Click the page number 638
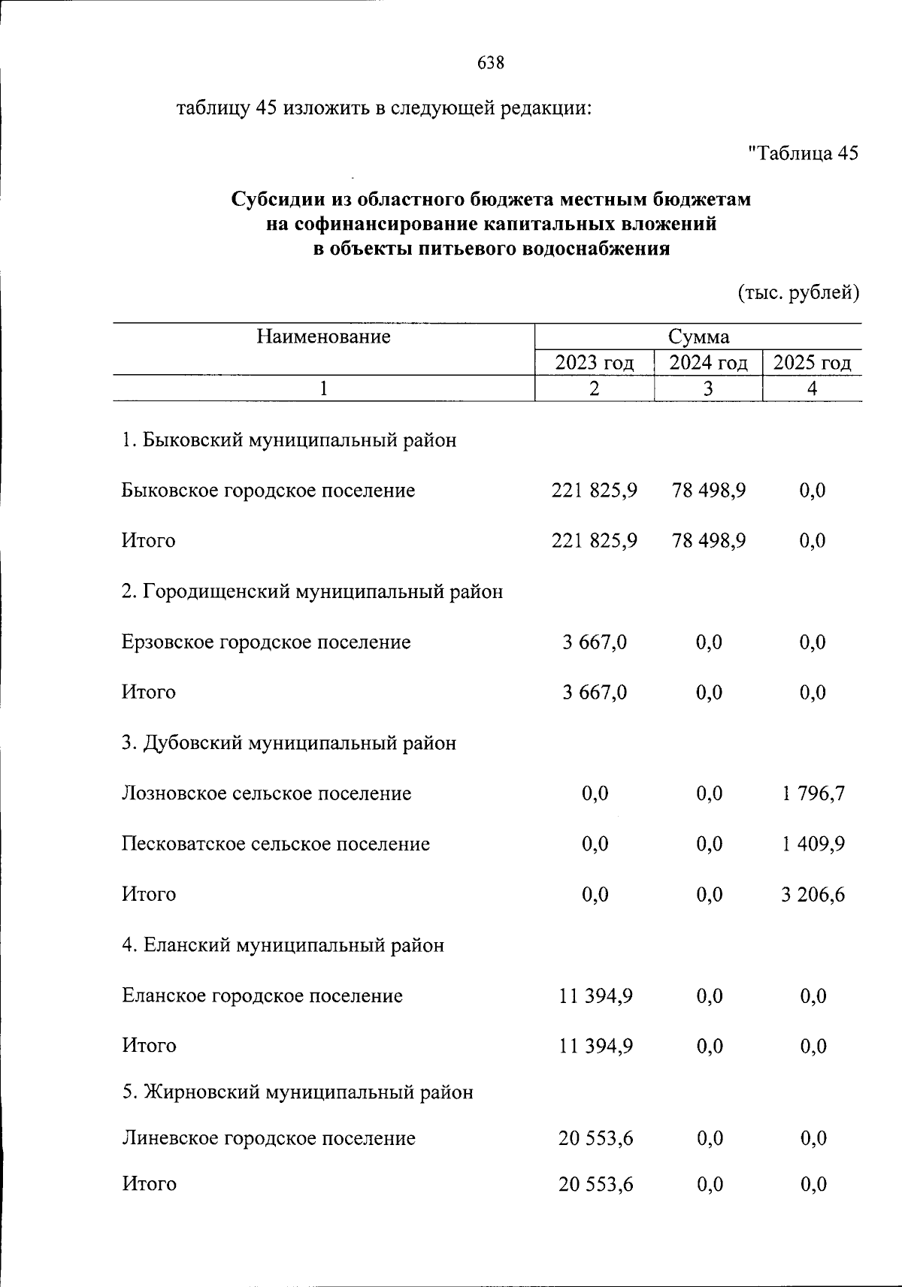[x=491, y=63]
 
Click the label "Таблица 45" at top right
[x=803, y=153]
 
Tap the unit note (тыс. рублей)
[x=798, y=292]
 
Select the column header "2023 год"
[x=594, y=363]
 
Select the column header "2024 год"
[x=708, y=363]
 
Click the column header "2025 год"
[x=812, y=363]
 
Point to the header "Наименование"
[x=323, y=337]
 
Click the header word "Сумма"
[x=698, y=337]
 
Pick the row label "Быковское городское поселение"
[x=268, y=491]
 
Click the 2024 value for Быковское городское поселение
[x=709, y=491]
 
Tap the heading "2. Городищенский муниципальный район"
[x=312, y=592]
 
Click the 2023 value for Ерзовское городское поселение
[x=594, y=642]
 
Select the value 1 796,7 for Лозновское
[x=813, y=793]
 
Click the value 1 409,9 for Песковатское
[x=813, y=844]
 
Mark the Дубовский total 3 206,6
[x=813, y=894]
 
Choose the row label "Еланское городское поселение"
[x=262, y=995]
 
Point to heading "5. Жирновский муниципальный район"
[x=298, y=1092]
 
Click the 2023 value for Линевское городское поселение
[x=595, y=1138]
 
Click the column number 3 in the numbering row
[x=707, y=388]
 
